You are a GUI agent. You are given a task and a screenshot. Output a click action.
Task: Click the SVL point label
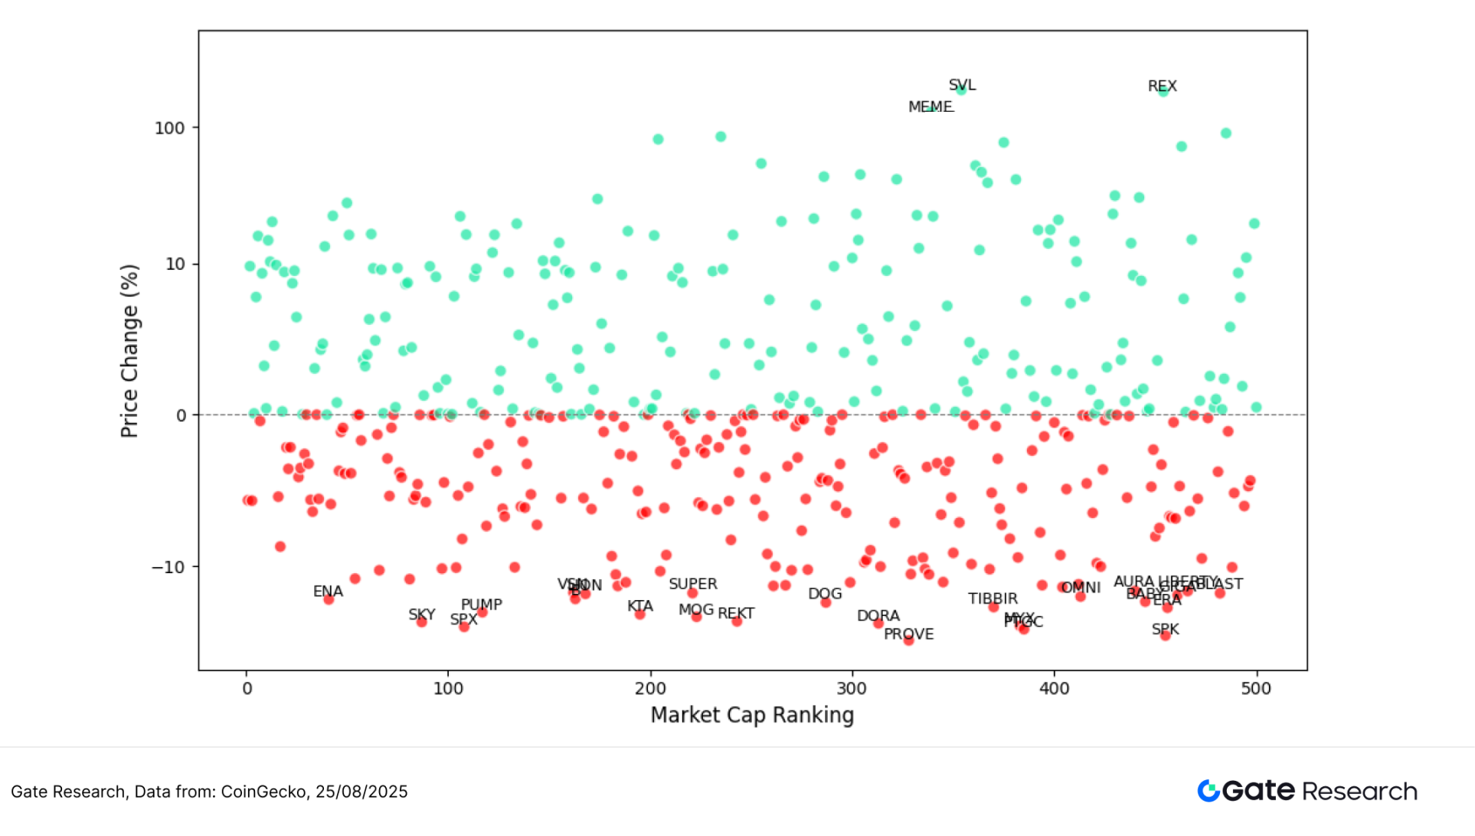[962, 85]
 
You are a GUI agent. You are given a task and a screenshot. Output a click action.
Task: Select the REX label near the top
[1162, 86]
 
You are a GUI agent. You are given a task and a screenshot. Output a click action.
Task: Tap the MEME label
[930, 107]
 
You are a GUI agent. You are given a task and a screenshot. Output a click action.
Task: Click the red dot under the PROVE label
[908, 641]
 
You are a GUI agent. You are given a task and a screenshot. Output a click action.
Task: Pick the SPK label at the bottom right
[1165, 629]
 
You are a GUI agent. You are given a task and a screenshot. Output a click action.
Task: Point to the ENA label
[328, 592]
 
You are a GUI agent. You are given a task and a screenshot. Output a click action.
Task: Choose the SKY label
[421, 615]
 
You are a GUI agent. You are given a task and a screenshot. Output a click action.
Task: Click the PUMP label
[481, 604]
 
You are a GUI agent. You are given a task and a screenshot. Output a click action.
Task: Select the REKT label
[735, 613]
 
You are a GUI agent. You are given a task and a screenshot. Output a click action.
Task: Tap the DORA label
[878, 615]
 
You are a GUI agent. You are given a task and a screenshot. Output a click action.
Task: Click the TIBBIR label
[993, 598]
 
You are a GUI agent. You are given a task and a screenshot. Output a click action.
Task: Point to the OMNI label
[1081, 588]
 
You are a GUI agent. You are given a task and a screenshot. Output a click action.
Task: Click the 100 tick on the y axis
[170, 128]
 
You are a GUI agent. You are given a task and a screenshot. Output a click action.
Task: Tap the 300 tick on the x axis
[852, 688]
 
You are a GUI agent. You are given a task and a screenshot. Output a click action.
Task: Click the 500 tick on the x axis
[1256, 688]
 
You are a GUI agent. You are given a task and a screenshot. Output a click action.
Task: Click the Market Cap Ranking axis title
[752, 715]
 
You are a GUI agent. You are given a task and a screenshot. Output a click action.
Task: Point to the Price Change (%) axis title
[129, 351]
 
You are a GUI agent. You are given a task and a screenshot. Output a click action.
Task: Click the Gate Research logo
[1307, 791]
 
